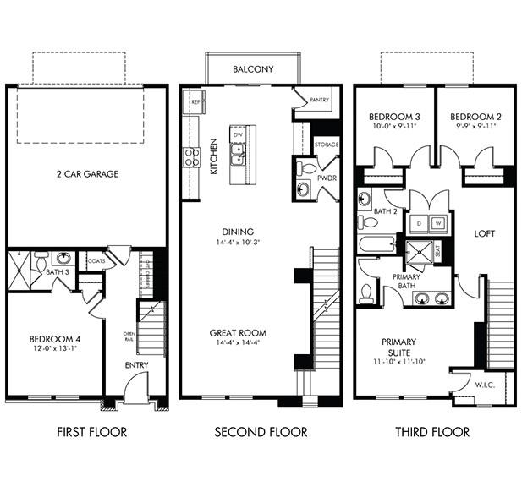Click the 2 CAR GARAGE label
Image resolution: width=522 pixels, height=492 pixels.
tap(88, 174)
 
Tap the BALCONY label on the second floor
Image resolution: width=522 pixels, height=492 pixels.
tap(253, 69)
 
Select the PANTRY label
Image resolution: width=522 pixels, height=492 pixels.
tap(318, 99)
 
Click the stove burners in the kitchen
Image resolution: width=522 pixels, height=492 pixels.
tap(191, 157)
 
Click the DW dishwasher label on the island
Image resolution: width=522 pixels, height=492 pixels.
tap(239, 134)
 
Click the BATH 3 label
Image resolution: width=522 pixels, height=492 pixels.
tap(58, 272)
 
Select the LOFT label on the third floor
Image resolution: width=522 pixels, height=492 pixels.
tap(485, 233)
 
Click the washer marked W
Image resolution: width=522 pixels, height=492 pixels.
tap(438, 224)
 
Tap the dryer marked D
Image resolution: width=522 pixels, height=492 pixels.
tap(420, 224)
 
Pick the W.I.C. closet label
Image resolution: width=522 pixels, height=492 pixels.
tap(485, 385)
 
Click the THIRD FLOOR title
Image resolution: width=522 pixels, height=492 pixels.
tap(431, 432)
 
